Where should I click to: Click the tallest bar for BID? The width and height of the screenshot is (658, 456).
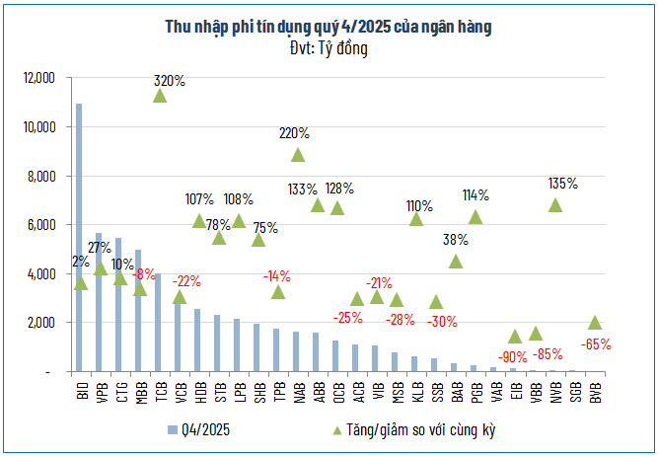pyautogui.click(x=79, y=237)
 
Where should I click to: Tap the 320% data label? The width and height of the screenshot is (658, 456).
pyautogui.click(x=170, y=81)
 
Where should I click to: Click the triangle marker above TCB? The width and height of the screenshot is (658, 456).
pyautogui.click(x=159, y=96)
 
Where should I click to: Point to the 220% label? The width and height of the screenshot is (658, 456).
pyautogui.click(x=294, y=132)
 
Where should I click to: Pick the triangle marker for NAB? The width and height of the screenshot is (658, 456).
pyautogui.click(x=298, y=154)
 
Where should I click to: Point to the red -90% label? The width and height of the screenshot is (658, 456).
pyautogui.click(x=513, y=356)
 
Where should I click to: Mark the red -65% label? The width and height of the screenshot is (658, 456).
pyautogui.click(x=596, y=345)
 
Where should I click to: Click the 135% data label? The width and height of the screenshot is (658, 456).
pyautogui.click(x=563, y=184)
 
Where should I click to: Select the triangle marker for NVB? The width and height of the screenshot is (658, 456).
pyautogui.click(x=555, y=205)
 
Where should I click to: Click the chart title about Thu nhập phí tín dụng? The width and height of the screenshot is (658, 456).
pyautogui.click(x=329, y=27)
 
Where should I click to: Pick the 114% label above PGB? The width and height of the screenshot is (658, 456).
pyautogui.click(x=475, y=195)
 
